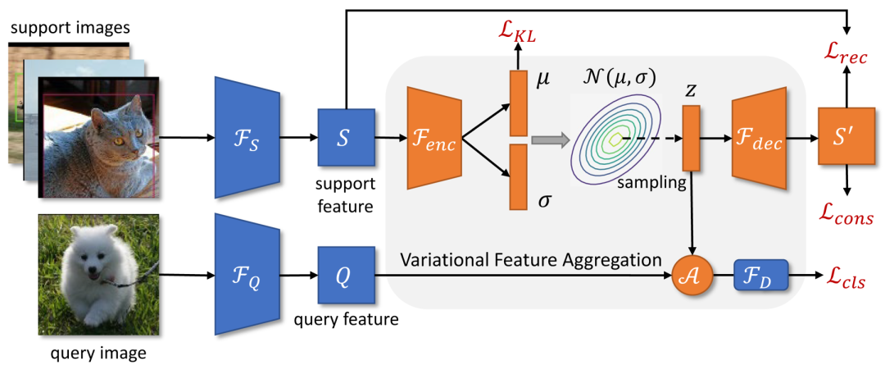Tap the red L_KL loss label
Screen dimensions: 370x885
click(519, 34)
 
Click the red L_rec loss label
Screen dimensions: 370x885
click(844, 55)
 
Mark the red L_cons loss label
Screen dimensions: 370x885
click(844, 212)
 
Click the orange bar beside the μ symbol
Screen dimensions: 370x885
click(519, 103)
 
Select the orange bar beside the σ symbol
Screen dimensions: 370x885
click(519, 176)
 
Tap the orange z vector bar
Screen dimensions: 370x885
click(691, 138)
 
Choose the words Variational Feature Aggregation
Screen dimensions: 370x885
click(531, 261)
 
